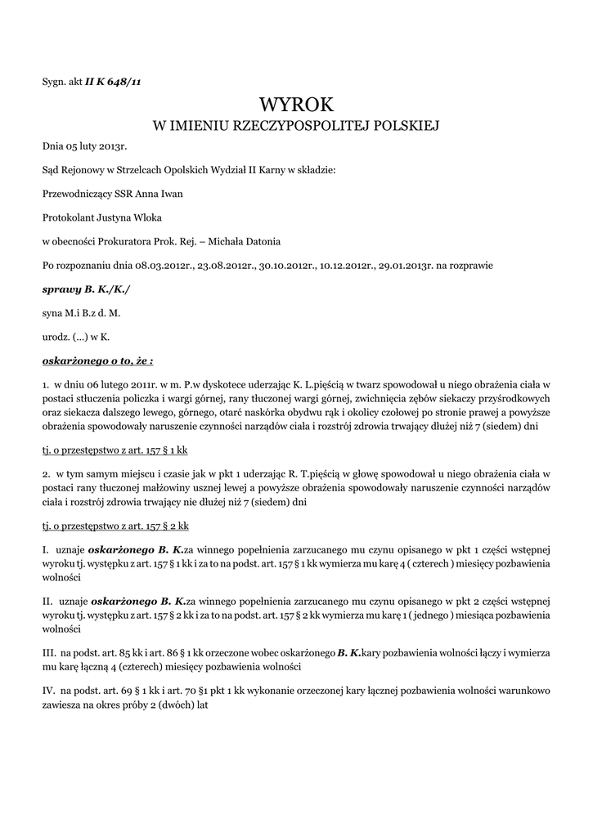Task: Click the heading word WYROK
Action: (296, 105)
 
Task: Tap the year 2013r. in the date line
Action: (113, 147)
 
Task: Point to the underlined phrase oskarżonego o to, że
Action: (97, 360)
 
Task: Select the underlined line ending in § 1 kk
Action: (115, 450)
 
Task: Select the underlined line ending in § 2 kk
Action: (115, 527)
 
